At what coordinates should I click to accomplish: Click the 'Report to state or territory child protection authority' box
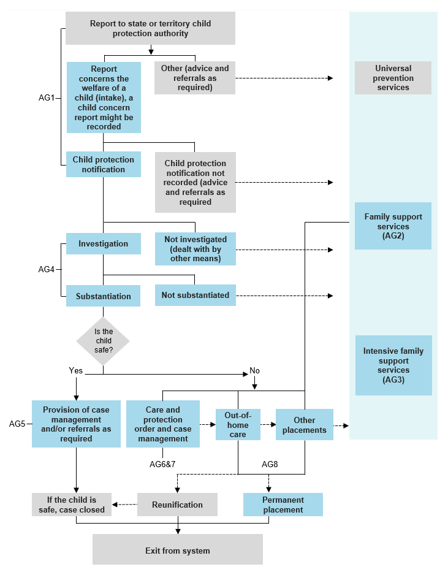coord(150,28)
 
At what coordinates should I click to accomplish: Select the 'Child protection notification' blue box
coord(103,164)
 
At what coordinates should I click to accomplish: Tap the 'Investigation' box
coord(103,243)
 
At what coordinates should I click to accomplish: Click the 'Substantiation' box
coord(103,296)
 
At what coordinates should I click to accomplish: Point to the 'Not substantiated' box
coord(195,295)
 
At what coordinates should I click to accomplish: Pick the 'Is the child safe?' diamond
coord(103,340)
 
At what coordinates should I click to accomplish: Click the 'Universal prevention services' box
coord(393,78)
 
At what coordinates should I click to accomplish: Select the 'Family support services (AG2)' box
coord(393,226)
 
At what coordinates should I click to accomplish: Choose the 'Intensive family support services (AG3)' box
coord(393,365)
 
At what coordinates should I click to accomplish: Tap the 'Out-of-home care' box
coord(238,424)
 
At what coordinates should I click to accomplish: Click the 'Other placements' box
coord(304,424)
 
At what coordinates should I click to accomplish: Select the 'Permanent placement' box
coord(283,505)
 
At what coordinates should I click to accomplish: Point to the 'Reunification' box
coord(177,505)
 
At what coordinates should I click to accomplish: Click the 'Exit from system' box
coord(177,550)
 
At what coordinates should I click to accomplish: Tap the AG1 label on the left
coord(47,97)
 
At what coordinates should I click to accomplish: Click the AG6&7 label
coord(162,463)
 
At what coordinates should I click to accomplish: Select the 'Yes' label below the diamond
coord(75,370)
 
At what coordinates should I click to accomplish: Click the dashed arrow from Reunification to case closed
coord(125,505)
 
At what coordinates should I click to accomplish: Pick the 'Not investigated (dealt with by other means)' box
coord(195,249)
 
